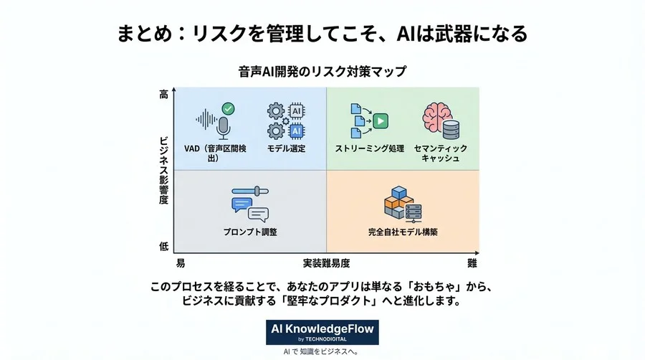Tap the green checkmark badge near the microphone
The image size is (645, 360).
click(228, 108)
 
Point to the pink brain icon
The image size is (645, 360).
click(434, 117)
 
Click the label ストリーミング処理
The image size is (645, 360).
click(370, 148)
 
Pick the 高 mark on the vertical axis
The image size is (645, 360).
click(163, 94)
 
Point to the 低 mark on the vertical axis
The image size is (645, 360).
click(163, 246)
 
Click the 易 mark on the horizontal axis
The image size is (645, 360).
click(180, 263)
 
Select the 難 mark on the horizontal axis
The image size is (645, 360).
click(472, 263)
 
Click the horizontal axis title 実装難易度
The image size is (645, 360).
click(326, 263)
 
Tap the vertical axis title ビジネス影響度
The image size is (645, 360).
click(163, 169)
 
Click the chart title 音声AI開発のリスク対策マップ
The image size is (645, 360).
click(322, 72)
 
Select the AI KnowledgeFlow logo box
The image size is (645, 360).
click(322, 332)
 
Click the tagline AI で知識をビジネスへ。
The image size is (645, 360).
click(322, 352)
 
